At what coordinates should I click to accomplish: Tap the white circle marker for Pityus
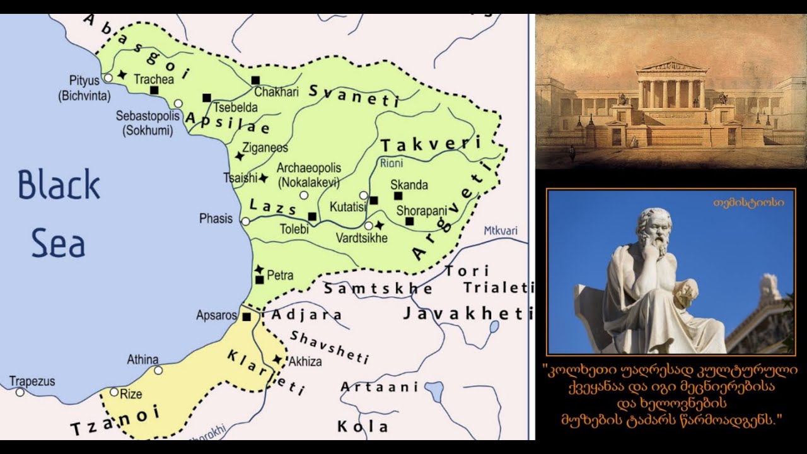[x=108, y=77]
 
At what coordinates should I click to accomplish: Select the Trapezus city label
[x=32, y=381]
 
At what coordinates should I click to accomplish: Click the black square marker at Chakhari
[x=255, y=80]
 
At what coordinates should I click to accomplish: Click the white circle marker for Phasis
[x=245, y=221]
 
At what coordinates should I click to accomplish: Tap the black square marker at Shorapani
[x=409, y=221]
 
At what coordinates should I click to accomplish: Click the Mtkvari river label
[x=500, y=231]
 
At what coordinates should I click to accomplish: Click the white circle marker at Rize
[x=114, y=392]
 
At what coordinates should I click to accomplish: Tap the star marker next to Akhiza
[x=277, y=359]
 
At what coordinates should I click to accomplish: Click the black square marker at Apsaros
[x=247, y=317]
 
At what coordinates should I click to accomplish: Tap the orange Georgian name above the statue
[x=748, y=203]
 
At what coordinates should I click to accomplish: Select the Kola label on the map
[x=363, y=426]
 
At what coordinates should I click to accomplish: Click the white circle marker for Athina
[x=158, y=370]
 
